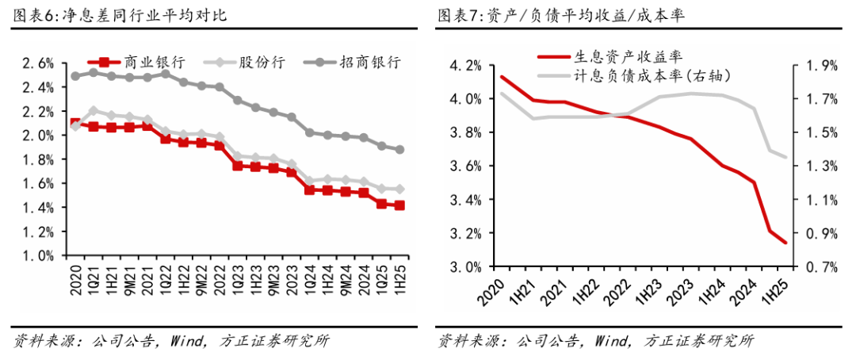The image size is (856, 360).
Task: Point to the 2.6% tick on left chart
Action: click(36, 63)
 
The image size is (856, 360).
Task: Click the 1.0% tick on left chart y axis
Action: click(36, 256)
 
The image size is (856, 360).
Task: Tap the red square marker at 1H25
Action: click(399, 205)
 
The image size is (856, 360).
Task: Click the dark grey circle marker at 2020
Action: click(75, 76)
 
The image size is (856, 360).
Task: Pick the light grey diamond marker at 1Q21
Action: click(94, 110)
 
